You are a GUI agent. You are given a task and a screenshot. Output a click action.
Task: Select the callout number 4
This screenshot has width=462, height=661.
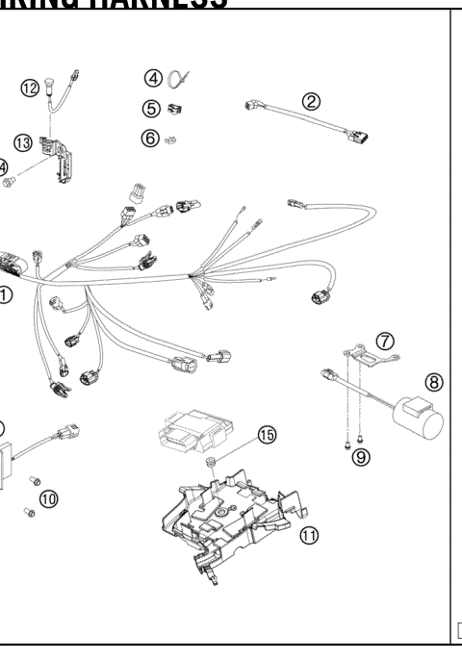point(152,77)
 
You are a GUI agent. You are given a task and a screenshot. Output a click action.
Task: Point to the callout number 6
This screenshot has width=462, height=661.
point(150,138)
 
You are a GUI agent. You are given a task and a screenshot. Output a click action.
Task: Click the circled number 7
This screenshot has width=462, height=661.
point(384,340)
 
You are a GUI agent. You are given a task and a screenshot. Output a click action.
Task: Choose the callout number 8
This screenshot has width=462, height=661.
point(433,382)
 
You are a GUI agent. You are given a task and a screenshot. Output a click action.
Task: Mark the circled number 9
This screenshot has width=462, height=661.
point(360,457)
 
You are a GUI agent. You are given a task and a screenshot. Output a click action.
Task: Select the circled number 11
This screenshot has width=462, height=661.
point(308,535)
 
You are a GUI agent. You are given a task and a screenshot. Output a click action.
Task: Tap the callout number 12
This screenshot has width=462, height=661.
point(30,89)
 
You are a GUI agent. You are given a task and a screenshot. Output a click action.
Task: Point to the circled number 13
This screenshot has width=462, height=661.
point(22,142)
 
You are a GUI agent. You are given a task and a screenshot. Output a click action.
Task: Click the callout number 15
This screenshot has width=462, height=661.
point(265,436)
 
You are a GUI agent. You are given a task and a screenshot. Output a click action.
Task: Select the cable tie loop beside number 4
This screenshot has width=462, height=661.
point(179,78)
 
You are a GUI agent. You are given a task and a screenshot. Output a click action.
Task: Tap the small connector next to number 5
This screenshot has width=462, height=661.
point(176,109)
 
